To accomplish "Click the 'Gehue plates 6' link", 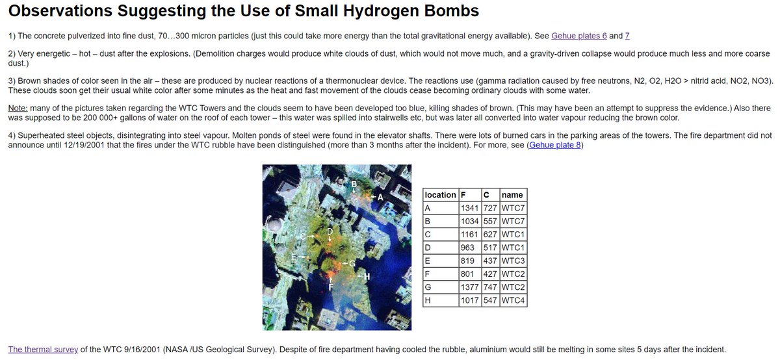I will (x=578, y=36).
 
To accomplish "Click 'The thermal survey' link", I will (x=43, y=349).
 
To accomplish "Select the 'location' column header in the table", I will (x=440, y=195).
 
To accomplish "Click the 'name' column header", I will (x=512, y=195).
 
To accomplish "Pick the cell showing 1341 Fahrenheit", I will (x=469, y=208).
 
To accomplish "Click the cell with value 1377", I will (x=469, y=286).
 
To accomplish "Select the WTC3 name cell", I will (x=513, y=260).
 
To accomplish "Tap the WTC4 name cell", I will (x=513, y=300).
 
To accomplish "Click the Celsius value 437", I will (x=490, y=260).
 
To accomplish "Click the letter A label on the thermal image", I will (x=381, y=196).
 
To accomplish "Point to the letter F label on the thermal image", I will (x=331, y=287).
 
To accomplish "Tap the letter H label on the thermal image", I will (x=367, y=276).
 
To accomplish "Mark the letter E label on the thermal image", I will (x=294, y=258).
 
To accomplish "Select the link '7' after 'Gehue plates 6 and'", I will (x=627, y=36).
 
